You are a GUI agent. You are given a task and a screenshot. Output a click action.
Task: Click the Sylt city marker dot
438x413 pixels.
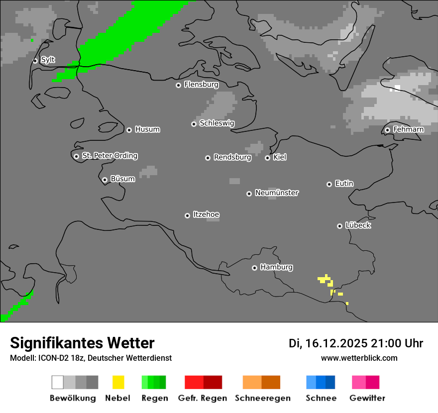(x=35, y=61)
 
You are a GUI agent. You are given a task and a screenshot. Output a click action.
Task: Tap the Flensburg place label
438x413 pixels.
(x=201, y=85)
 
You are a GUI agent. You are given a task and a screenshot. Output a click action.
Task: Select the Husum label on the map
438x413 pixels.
(x=147, y=129)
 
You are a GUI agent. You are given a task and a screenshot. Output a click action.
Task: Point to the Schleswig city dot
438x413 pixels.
(x=194, y=124)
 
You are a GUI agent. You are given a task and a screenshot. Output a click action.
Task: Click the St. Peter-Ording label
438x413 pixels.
(x=109, y=156)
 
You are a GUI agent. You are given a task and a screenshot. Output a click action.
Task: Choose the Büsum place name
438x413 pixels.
(x=122, y=179)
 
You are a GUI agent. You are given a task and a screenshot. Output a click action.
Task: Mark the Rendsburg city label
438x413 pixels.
(x=232, y=157)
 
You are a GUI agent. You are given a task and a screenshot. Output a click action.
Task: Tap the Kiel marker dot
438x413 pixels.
(x=267, y=158)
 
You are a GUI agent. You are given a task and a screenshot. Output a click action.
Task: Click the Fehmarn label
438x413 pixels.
(x=408, y=129)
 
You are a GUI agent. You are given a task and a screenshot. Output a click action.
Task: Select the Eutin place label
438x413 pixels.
(x=344, y=184)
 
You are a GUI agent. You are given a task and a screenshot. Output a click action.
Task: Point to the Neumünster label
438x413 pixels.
(x=277, y=193)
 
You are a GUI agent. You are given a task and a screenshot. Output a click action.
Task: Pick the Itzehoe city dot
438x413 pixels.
(x=187, y=215)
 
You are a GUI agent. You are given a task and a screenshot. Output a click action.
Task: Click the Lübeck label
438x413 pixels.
(x=358, y=225)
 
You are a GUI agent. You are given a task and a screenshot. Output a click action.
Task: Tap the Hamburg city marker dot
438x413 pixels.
(x=254, y=268)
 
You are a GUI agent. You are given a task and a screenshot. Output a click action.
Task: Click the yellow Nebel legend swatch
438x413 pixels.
(x=118, y=382)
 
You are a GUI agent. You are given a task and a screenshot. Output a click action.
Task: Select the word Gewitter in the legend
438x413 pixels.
(x=367, y=398)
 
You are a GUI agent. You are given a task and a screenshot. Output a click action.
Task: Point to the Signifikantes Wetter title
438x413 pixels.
(x=82, y=343)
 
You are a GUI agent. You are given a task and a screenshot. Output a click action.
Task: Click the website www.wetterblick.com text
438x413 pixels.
(x=359, y=358)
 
